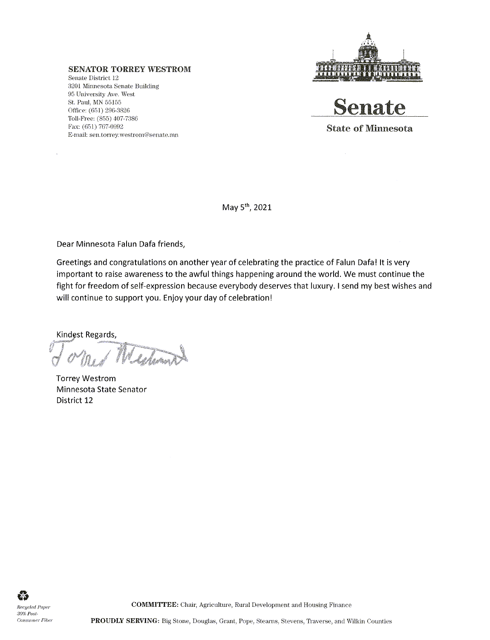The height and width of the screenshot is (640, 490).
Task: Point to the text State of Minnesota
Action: coord(369,129)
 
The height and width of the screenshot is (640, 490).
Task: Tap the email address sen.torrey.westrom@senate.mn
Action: coord(133,135)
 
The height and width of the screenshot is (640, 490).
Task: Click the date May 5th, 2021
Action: coord(247,208)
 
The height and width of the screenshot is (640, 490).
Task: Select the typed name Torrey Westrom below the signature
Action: coord(86,378)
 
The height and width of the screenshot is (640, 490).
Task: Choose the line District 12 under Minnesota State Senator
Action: coord(75,400)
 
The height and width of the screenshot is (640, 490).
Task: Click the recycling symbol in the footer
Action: coord(21,595)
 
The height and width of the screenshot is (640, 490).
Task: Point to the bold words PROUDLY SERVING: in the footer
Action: coord(125,621)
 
